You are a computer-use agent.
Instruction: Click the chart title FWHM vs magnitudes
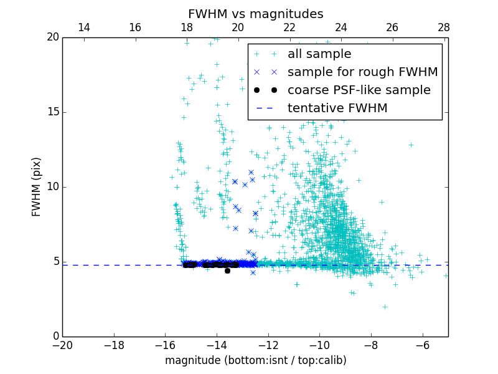point(255,14)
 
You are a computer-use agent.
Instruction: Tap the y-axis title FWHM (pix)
point(37,186)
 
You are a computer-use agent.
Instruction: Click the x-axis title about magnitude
point(255,360)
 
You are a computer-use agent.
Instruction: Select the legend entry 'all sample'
point(319,54)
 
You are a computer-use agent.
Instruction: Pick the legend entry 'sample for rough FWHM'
point(362,72)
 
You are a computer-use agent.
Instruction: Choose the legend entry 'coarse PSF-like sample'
point(359,90)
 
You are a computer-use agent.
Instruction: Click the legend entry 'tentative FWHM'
point(337,108)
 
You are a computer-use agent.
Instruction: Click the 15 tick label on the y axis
point(52,112)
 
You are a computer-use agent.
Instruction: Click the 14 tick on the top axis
point(83,27)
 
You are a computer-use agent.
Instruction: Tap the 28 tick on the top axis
point(444,27)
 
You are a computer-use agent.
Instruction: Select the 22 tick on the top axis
point(289,27)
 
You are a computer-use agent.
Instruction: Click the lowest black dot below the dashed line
point(227,271)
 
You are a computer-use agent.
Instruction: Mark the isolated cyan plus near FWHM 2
point(385,307)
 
